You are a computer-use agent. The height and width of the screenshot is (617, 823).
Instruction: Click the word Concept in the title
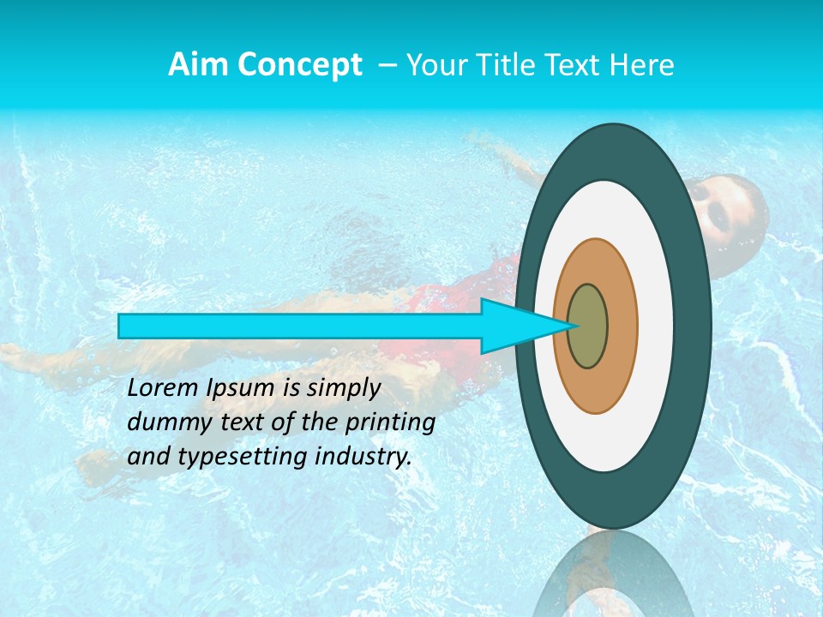click(299, 65)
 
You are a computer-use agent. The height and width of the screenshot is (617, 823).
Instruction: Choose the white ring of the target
click(657, 326)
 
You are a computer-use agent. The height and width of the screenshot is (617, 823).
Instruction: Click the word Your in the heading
click(436, 65)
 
